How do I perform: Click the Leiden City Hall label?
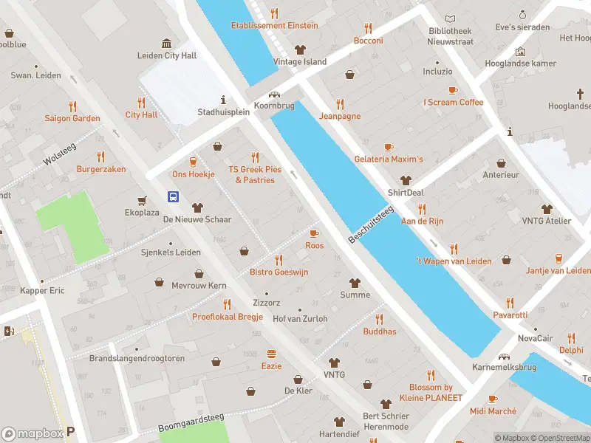(x=167, y=55)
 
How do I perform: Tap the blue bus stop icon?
(x=173, y=196)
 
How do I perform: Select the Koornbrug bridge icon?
(x=275, y=95)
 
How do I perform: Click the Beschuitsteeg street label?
(x=371, y=224)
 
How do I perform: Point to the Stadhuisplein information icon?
(x=223, y=100)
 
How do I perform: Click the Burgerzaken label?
(x=101, y=169)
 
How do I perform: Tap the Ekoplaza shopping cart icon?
(x=141, y=200)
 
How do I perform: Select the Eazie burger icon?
(x=271, y=354)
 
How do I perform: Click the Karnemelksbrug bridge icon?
(x=505, y=357)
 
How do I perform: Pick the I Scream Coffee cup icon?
(x=453, y=90)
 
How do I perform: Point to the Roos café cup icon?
(x=314, y=233)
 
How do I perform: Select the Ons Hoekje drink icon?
(x=194, y=162)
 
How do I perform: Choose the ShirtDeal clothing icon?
(x=406, y=180)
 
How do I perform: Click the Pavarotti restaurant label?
(x=510, y=315)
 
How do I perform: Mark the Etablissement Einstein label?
(x=274, y=25)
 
